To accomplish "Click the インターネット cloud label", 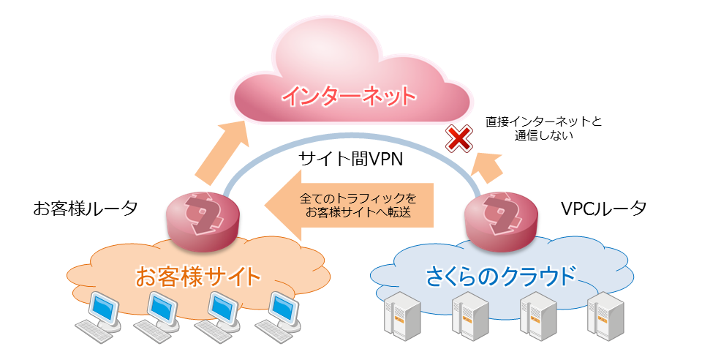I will [x=349, y=96].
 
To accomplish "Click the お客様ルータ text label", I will [x=86, y=209].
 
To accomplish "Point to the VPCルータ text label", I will [x=603, y=209].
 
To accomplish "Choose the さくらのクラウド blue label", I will [x=500, y=277].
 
